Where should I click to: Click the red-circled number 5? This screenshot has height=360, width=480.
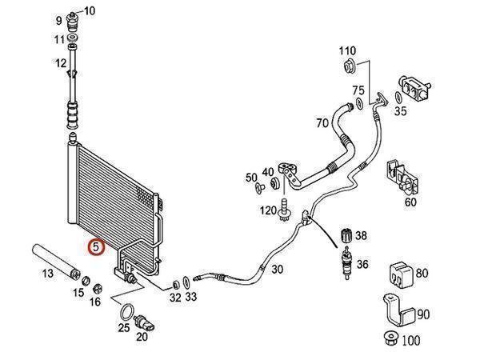pyautogui.click(x=96, y=247)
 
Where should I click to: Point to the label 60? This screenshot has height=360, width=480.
pyautogui.click(x=410, y=202)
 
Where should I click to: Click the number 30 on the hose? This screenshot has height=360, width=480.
pyautogui.click(x=277, y=269)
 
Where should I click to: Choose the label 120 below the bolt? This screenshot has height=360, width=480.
pyautogui.click(x=268, y=210)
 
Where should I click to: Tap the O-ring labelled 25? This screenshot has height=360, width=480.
pyautogui.click(x=126, y=310)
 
